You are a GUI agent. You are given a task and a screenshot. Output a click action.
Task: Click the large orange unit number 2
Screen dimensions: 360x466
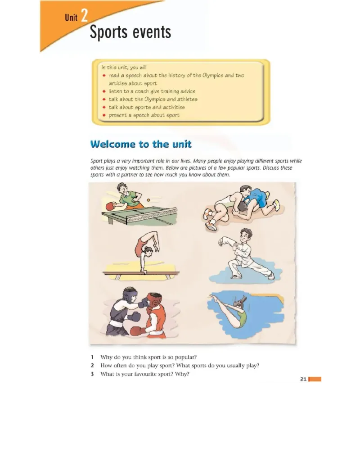84,15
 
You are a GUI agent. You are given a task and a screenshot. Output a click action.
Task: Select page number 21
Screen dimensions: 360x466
303,379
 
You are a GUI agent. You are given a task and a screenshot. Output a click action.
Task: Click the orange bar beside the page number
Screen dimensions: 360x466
315,379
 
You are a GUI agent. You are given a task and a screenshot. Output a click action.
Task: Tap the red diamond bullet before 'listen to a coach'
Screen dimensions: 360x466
104,91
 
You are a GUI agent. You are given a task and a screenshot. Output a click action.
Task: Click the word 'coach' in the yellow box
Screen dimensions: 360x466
142,91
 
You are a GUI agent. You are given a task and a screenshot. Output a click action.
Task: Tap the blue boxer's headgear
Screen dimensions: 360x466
129,294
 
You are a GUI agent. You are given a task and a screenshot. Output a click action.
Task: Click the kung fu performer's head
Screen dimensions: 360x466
246,235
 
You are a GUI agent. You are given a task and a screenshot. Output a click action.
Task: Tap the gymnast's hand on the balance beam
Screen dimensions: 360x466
144,271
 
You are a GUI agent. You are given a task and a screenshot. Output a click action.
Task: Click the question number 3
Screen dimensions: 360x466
92,374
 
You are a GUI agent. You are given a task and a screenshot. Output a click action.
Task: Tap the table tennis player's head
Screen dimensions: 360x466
122,188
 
